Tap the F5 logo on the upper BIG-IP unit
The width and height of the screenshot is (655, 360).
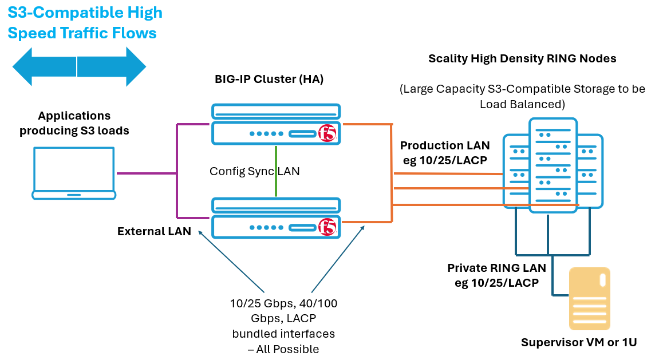pos(327,134)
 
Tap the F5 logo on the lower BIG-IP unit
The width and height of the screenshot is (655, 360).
pos(327,227)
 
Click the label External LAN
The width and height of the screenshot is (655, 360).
pos(154,232)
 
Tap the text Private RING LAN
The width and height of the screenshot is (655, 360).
pos(496,268)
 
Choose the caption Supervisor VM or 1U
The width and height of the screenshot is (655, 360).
pos(579,342)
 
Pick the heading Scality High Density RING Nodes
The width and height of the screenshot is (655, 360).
pos(522,58)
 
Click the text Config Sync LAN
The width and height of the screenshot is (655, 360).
pos(254,171)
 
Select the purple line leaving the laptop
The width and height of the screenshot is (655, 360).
pos(146,173)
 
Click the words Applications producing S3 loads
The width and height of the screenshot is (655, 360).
pos(74,124)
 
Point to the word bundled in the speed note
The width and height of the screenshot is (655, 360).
pos(253,333)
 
